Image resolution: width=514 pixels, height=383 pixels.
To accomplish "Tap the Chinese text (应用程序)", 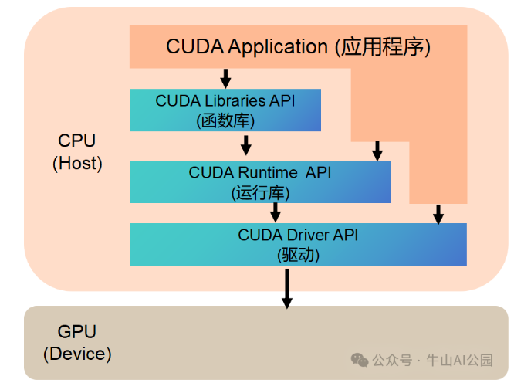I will point(382,47).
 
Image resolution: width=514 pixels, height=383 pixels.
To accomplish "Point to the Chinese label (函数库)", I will point(225,120).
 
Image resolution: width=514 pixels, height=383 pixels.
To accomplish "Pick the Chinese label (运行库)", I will point(259,191).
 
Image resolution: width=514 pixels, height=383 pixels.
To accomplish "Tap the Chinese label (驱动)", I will point(297,254).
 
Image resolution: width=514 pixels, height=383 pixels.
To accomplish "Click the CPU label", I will point(77,141).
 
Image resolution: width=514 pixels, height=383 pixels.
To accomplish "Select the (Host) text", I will point(77,163).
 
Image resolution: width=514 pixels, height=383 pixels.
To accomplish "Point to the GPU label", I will point(77,332).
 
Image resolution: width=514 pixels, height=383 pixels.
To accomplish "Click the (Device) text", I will point(77,354).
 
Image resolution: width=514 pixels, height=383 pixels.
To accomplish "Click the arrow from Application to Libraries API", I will point(225,78).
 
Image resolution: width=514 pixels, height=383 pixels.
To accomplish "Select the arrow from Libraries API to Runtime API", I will point(246,144).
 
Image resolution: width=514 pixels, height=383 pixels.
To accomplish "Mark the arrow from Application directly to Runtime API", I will point(377,151).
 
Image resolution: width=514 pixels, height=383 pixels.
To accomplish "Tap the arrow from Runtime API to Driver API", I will point(276,212).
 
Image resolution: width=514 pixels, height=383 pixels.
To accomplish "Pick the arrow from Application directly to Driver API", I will point(438,214).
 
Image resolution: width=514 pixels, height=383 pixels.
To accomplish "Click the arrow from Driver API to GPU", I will point(286,286).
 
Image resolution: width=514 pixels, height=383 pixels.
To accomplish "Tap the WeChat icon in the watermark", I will point(360,360).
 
